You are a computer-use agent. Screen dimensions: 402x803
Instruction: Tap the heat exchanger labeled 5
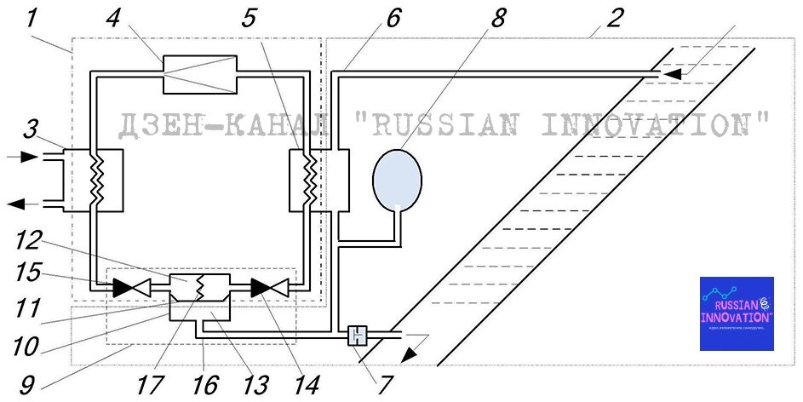pyautogui.click(x=308, y=181)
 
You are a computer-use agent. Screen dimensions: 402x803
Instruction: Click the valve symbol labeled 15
pyautogui.click(x=129, y=289)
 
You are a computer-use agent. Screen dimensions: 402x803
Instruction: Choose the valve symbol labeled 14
pyautogui.click(x=270, y=289)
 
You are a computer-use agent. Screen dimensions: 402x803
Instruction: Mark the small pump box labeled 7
pyautogui.click(x=358, y=336)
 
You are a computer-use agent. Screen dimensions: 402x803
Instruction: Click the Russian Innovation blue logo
pyautogui.click(x=737, y=313)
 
